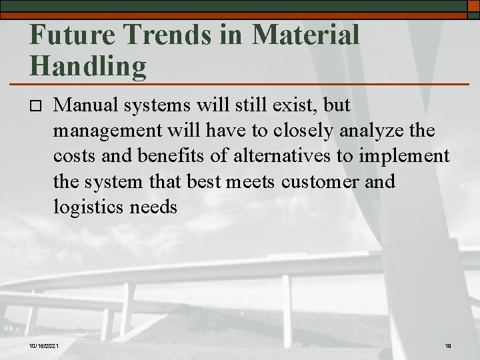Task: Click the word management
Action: [101, 131]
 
